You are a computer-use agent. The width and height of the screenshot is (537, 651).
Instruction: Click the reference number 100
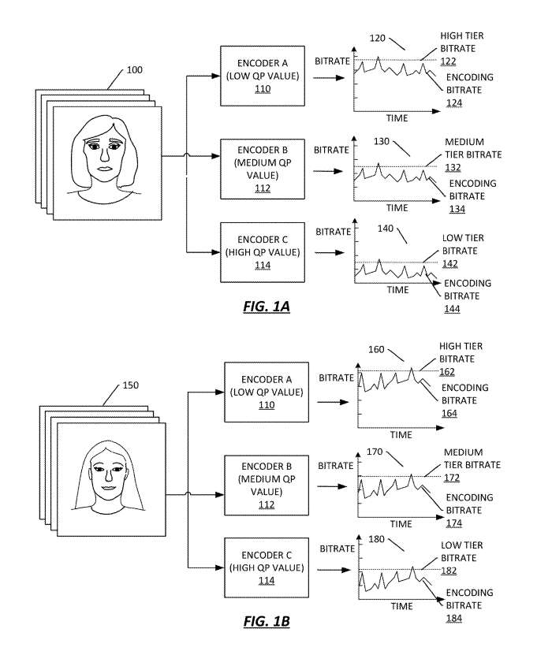134,70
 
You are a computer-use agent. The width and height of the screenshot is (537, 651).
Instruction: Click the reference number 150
130,386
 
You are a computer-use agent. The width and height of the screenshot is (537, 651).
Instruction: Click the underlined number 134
457,209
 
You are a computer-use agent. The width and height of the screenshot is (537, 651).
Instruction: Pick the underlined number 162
447,371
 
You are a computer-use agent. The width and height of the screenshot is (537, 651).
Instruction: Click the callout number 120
378,37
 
